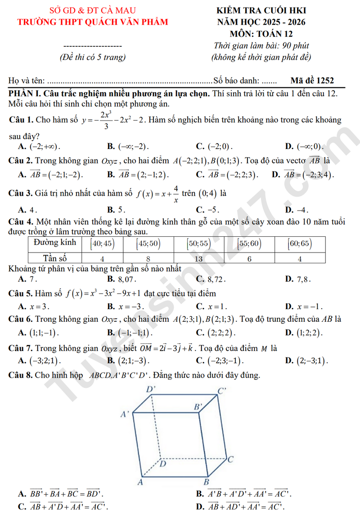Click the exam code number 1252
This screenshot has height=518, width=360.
(324, 81)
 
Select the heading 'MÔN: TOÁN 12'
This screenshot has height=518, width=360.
(261, 34)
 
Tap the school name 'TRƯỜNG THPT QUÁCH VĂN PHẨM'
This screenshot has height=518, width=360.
(92, 22)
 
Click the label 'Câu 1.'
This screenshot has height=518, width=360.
(21, 120)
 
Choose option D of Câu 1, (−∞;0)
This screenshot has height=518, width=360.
(310, 146)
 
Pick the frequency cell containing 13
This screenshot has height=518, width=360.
(198, 258)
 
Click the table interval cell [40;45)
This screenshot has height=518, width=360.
(102, 244)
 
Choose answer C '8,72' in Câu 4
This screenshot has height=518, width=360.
(215, 279)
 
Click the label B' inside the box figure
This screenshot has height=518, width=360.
(198, 407)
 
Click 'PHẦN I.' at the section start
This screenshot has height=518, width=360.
(25, 93)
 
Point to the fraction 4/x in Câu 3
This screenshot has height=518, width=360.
(175, 194)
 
